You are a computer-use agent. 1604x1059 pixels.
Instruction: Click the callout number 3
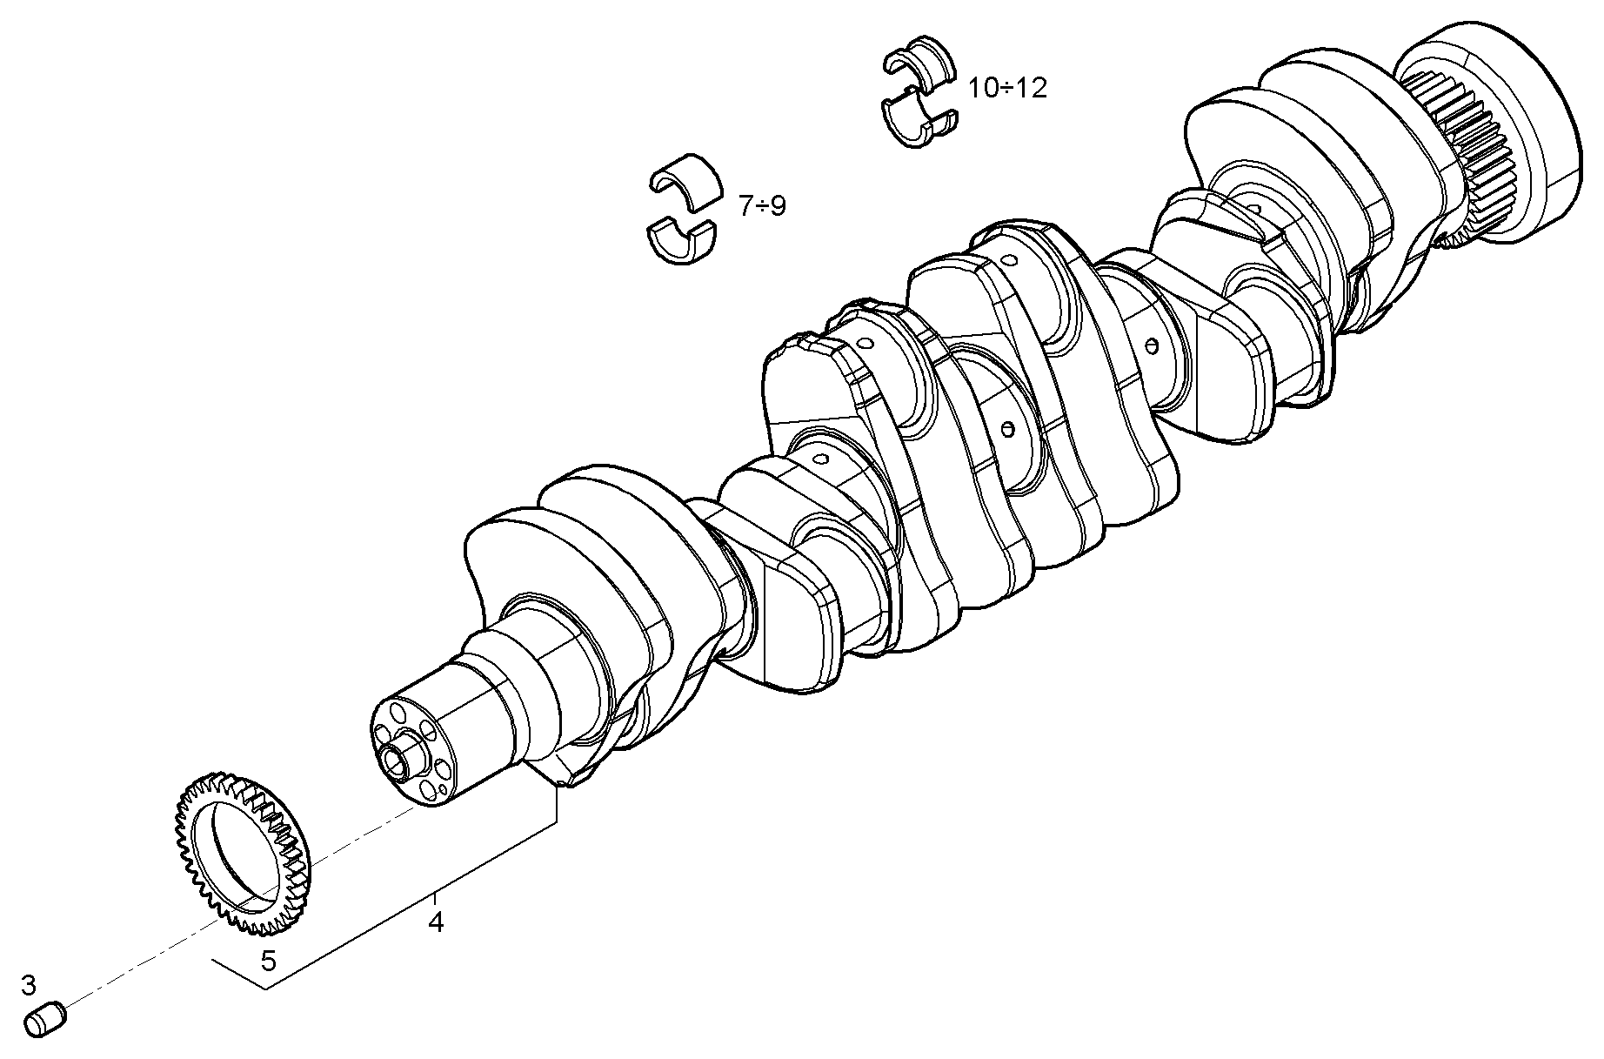pyautogui.click(x=29, y=985)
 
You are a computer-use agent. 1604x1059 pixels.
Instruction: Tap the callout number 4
pyautogui.click(x=436, y=922)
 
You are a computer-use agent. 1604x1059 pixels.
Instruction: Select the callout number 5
pyautogui.click(x=269, y=961)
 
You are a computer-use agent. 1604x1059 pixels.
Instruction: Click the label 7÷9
pyautogui.click(x=762, y=206)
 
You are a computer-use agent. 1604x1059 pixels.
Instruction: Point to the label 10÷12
pyautogui.click(x=1007, y=88)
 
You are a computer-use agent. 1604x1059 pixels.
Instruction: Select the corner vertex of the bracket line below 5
pyautogui.click(x=266, y=989)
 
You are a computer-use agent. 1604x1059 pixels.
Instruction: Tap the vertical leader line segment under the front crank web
pyautogui.click(x=557, y=805)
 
